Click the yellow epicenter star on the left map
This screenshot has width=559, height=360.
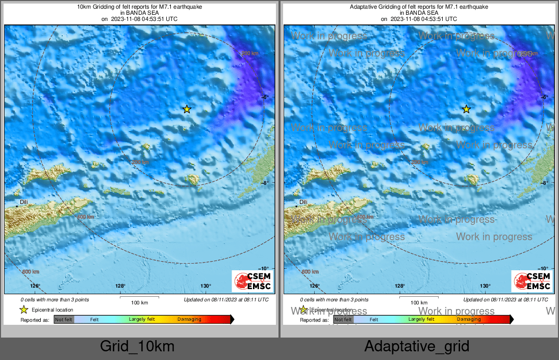[x=187, y=109]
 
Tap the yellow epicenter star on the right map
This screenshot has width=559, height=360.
[x=466, y=109]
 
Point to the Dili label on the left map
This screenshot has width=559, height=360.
[x=23, y=202]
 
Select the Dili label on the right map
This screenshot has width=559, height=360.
[x=303, y=202]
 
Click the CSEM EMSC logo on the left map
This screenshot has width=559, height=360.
[x=252, y=281]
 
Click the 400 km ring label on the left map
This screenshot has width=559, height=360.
[x=85, y=217]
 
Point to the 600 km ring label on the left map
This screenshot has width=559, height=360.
[x=31, y=272]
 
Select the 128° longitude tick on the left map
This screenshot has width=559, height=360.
[x=120, y=286]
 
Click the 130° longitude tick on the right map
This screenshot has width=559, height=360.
[x=485, y=286]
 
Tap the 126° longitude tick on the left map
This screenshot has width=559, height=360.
[x=35, y=286]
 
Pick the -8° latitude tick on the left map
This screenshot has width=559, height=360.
[x=264, y=183]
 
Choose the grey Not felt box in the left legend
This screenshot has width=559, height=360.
[x=64, y=320]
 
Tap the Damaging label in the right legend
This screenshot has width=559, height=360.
[x=469, y=320]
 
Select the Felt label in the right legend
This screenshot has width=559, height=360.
[x=374, y=320]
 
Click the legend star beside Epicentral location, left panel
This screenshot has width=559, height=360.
[x=23, y=310]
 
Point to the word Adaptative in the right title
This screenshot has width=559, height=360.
[x=363, y=7]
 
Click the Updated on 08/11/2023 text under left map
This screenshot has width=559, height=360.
[x=226, y=300]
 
